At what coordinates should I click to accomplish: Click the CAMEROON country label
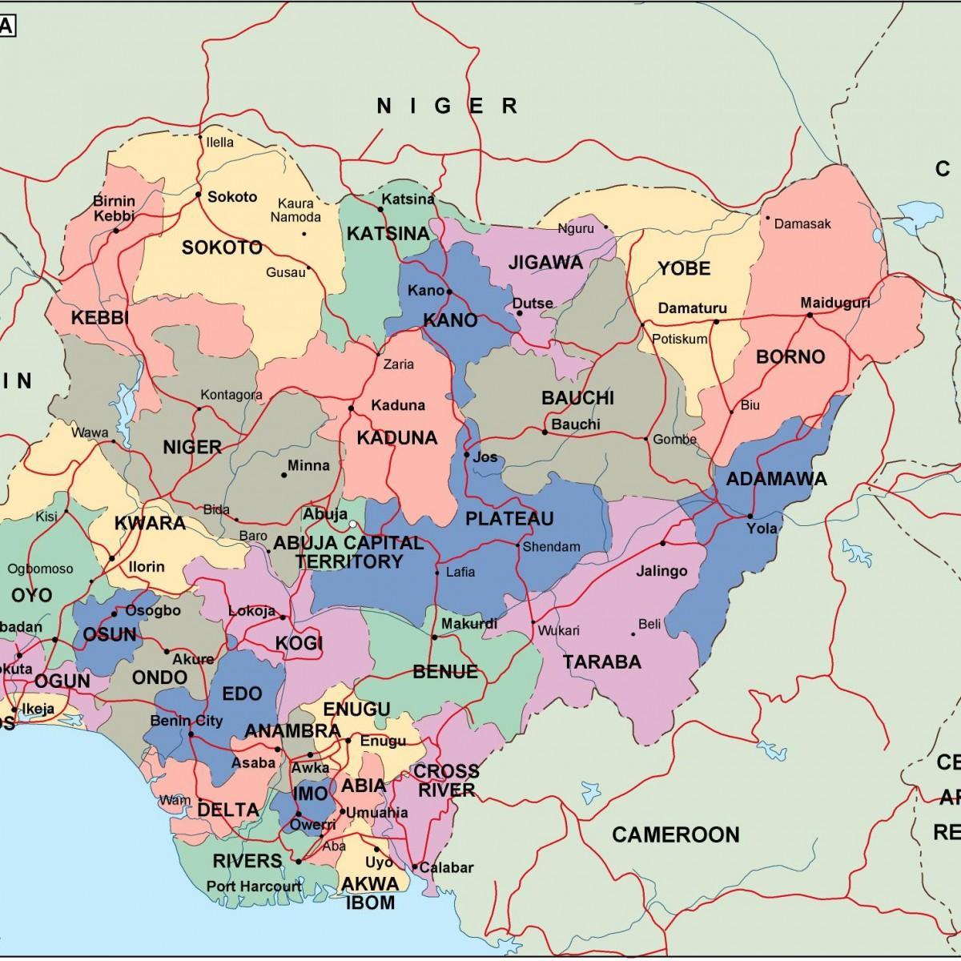tap(675, 835)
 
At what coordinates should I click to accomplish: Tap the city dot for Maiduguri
tap(810, 315)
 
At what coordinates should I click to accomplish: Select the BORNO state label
tap(790, 357)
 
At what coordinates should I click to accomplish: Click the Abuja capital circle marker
tap(352, 525)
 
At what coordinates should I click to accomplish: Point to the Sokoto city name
tap(232, 196)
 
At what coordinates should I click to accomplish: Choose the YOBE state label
tap(684, 268)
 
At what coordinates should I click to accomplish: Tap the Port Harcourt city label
tap(254, 887)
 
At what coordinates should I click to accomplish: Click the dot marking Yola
tap(750, 516)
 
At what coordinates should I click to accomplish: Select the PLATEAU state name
tap(509, 519)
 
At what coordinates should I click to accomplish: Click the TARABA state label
tap(602, 662)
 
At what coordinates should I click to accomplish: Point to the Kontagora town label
tap(231, 395)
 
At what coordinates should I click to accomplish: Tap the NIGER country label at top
tap(448, 105)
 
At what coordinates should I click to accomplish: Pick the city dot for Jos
tap(466, 455)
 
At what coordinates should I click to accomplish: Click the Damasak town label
tap(802, 223)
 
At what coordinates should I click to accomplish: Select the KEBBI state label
tap(100, 318)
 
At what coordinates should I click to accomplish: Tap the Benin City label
tap(186, 721)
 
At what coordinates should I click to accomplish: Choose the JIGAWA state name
tap(545, 263)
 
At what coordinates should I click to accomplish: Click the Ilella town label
tap(220, 143)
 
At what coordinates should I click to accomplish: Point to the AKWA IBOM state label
tap(369, 893)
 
